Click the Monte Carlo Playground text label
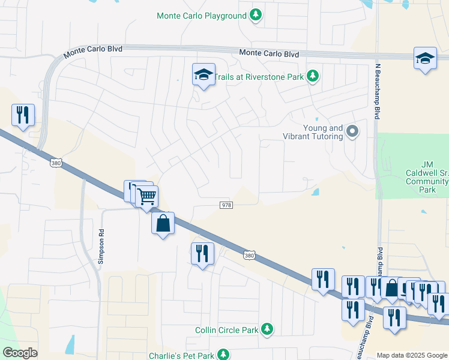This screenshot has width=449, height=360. pyautogui.click(x=201, y=16)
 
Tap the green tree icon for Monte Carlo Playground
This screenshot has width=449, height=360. pyautogui.click(x=256, y=15)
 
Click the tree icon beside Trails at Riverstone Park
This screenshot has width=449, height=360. pyautogui.click(x=312, y=76)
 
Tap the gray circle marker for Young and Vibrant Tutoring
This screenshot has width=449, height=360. pyautogui.click(x=353, y=131)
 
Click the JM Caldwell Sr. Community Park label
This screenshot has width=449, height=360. pyautogui.click(x=427, y=177)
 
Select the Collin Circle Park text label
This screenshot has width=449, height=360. pyautogui.click(x=226, y=330)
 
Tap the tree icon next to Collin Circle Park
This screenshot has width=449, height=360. pyautogui.click(x=267, y=329)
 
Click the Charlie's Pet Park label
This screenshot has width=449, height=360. pyautogui.click(x=181, y=356)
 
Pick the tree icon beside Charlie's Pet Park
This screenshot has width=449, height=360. pyautogui.click(x=223, y=355)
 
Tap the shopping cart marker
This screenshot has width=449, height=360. pyautogui.click(x=146, y=196)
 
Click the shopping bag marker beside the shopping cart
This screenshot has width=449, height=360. pyautogui.click(x=163, y=224)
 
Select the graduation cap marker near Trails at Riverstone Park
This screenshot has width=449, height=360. pyautogui.click(x=203, y=75)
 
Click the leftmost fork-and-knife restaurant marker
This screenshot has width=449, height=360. pyautogui.click(x=23, y=115)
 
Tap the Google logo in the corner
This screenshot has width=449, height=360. pyautogui.click(x=20, y=353)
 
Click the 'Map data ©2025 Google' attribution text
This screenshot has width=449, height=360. pyautogui.click(x=412, y=355)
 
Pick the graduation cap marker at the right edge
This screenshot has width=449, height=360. pyautogui.click(x=425, y=59)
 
